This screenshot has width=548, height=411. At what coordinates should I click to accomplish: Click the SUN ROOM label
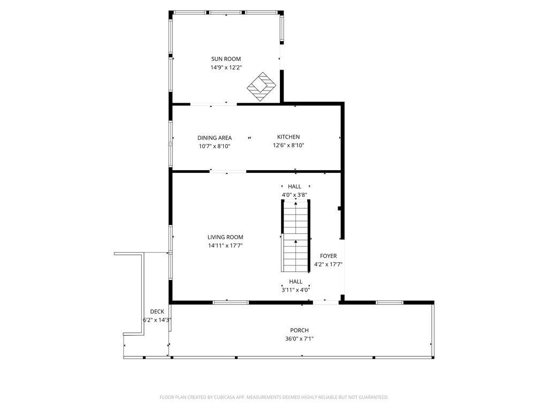226,59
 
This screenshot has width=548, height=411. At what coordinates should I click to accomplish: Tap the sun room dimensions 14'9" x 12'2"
226,67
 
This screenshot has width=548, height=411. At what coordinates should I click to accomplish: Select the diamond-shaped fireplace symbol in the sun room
262,87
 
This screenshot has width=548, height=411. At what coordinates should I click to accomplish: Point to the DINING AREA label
214,138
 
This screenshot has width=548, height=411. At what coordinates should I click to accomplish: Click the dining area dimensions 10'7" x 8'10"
214,147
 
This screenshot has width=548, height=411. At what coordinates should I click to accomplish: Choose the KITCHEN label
288,137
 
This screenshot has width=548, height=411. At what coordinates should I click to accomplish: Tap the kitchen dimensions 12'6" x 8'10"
288,146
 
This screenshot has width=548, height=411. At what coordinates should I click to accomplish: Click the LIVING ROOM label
225,237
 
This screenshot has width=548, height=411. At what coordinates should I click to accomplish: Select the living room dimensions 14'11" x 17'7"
225,246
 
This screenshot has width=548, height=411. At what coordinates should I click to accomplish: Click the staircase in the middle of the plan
295,235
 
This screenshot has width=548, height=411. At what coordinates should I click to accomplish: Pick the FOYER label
328,256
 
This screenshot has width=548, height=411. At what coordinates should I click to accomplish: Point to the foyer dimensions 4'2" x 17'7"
328,264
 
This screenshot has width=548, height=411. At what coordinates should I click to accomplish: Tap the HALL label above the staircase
295,187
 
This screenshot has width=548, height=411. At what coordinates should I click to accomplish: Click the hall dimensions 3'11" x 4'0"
295,290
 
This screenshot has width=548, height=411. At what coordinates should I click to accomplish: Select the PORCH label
300,330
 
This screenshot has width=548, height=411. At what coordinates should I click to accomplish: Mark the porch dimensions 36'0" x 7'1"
300,339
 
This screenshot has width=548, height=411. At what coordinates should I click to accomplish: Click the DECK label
157,312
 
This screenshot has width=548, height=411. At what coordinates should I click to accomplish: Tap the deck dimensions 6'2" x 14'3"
157,320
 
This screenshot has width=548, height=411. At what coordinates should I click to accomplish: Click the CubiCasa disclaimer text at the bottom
274,398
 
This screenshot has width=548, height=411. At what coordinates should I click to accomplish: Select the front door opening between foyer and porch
326,302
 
